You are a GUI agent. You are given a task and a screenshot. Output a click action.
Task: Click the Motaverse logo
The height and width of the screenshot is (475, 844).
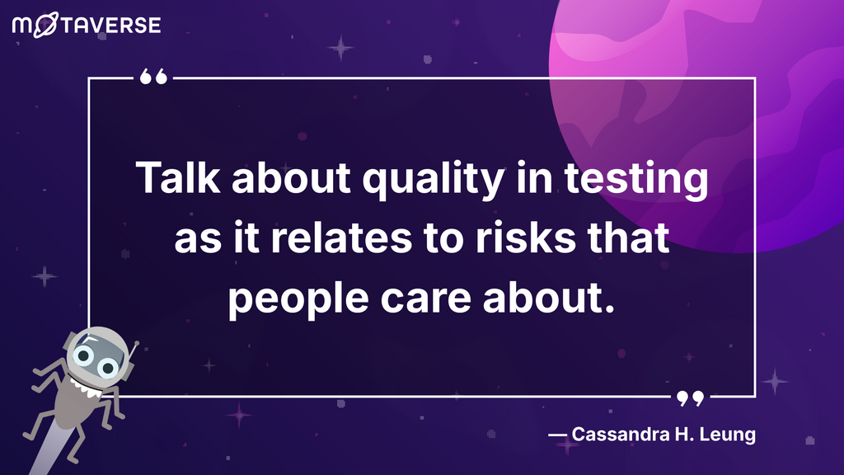point(87,25)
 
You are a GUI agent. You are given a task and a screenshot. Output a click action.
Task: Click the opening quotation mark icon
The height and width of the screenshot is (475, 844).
point(153,78)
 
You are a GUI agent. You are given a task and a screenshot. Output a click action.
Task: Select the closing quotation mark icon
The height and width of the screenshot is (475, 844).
point(691,399)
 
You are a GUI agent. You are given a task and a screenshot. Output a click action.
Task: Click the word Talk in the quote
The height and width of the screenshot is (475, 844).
point(169,179)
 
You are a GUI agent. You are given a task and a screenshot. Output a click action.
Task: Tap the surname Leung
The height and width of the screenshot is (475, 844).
point(728,434)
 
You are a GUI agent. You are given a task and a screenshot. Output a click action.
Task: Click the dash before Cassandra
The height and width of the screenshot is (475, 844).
point(557,434)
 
